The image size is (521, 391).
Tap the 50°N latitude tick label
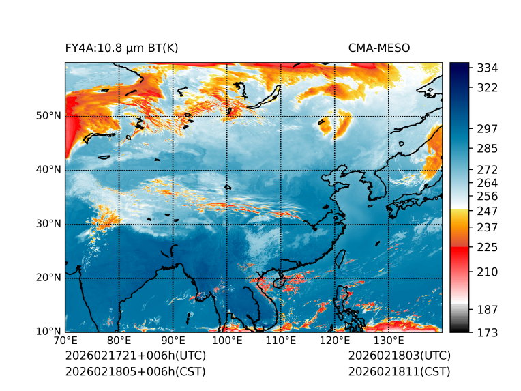(x=48, y=116)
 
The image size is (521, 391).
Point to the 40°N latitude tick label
(x=48, y=170)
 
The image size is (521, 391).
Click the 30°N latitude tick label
(x=48, y=224)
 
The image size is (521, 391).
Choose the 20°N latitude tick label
(x=48, y=278)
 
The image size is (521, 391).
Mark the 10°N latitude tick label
(x=48, y=332)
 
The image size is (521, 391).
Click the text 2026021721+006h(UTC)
(x=136, y=356)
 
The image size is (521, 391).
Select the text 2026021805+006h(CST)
(x=135, y=371)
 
